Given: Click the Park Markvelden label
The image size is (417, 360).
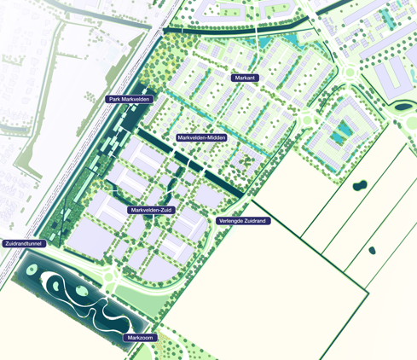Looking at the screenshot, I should click(x=130, y=99).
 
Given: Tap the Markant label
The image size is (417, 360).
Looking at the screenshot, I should click(x=245, y=78).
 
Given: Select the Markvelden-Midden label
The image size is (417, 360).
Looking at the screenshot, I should click(x=201, y=137).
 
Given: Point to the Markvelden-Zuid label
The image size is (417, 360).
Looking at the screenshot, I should click(x=153, y=209).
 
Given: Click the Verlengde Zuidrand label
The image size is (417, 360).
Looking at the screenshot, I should click(x=242, y=221).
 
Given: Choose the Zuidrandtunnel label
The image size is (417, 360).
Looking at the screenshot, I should click(x=23, y=243).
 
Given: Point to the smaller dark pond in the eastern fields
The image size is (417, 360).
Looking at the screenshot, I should click(x=372, y=250).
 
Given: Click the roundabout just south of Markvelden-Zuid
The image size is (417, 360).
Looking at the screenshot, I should click(x=111, y=275).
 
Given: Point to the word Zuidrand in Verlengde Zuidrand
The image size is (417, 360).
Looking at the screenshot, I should click(x=255, y=221).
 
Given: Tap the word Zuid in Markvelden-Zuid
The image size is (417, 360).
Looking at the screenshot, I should click(x=165, y=209).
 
